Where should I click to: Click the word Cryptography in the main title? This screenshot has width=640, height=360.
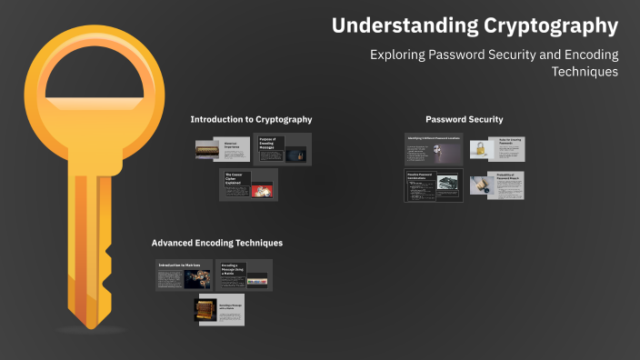(552, 25)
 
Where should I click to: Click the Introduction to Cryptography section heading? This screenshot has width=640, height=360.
(251, 119)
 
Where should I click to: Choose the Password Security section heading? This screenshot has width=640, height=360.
(464, 119)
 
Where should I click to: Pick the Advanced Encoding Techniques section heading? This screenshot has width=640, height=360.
(216, 243)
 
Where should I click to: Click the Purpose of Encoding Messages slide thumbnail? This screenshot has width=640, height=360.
(283, 149)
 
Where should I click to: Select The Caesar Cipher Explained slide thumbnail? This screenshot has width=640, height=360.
(248, 185)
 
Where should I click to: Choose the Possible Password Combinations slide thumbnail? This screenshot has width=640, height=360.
(434, 185)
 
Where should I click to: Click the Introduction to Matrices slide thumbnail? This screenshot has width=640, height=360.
(183, 275)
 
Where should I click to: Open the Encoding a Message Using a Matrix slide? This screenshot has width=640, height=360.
(244, 275)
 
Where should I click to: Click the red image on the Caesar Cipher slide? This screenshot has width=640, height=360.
(263, 190)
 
